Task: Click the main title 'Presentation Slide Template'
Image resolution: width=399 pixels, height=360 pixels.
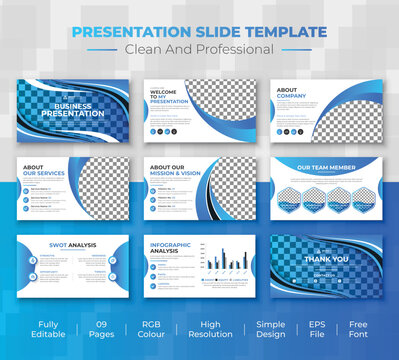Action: click(199, 32)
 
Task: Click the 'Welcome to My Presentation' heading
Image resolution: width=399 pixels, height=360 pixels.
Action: click(165, 97)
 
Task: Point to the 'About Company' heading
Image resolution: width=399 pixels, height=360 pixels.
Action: click(287, 95)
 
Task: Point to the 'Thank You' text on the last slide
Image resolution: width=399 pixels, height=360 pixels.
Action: click(327, 257)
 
